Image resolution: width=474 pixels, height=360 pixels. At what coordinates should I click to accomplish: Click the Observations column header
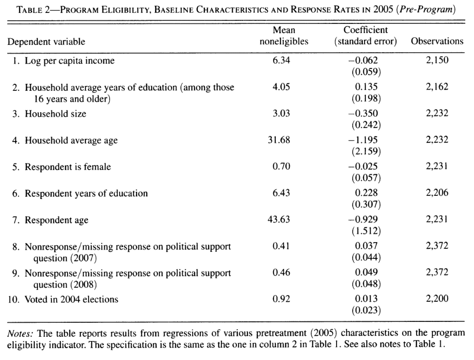(437, 41)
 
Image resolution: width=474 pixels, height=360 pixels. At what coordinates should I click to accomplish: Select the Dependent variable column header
(46, 42)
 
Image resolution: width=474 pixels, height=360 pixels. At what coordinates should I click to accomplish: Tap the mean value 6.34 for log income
(281, 60)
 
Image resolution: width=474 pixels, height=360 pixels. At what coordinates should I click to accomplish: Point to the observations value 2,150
(437, 60)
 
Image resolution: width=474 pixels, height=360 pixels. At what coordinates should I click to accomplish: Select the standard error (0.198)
(366, 99)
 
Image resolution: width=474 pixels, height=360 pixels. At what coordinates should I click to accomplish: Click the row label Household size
(55, 114)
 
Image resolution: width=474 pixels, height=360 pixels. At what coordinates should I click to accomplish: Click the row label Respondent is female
(68, 167)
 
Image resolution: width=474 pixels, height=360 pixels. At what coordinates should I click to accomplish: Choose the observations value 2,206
(437, 193)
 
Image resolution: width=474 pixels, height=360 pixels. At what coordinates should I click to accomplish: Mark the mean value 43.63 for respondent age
(279, 220)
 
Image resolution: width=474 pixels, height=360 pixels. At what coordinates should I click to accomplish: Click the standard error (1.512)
(366, 231)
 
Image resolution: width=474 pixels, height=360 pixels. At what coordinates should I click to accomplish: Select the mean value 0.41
(281, 246)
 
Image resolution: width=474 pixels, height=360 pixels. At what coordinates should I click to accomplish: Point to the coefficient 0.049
(366, 272)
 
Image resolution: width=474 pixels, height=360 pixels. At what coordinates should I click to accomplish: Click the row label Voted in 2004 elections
(71, 299)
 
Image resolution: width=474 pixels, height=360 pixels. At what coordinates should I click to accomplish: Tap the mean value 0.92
(281, 299)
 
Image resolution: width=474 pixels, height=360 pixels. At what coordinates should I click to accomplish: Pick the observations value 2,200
(437, 299)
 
